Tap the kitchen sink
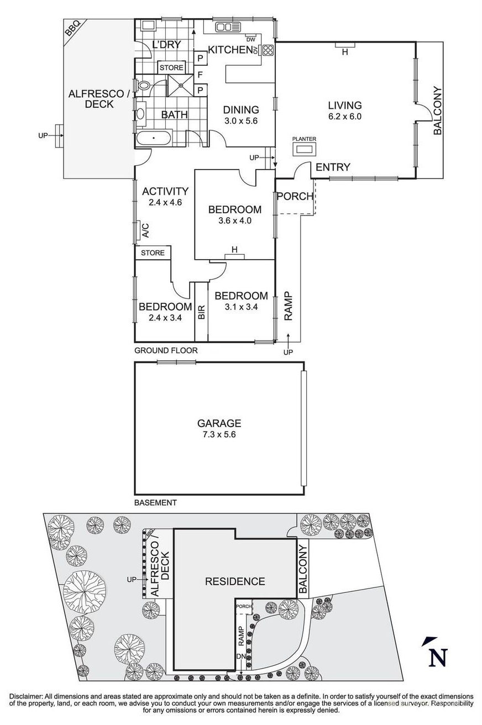228,27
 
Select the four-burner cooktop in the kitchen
268,50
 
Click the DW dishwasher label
251,40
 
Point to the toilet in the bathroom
143,85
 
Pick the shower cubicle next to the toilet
181,85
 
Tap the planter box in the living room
304,150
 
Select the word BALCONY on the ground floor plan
437,111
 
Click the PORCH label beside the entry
295,196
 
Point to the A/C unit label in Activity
145,230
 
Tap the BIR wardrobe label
201,312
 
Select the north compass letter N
438,658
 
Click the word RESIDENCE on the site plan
235,581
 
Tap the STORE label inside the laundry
171,67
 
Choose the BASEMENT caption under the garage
155,503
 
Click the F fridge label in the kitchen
200,75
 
